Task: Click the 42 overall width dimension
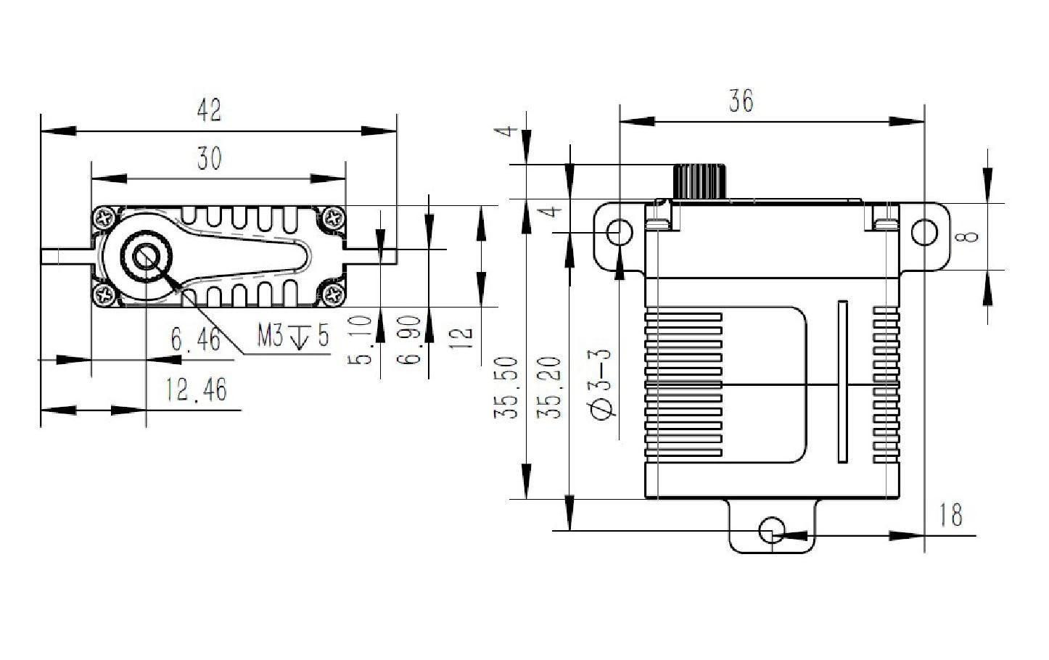(209, 111)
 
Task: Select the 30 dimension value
(209, 158)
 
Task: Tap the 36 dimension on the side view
(741, 101)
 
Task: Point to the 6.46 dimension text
(195, 339)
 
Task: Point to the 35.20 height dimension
(549, 387)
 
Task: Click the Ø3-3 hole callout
(603, 383)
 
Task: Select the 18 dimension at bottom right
(950, 515)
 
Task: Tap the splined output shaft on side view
(700, 181)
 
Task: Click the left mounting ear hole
(619, 233)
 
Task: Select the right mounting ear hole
(924, 233)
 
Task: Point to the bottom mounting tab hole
(772, 530)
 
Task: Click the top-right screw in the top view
(334, 217)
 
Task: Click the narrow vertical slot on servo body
(842, 381)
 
